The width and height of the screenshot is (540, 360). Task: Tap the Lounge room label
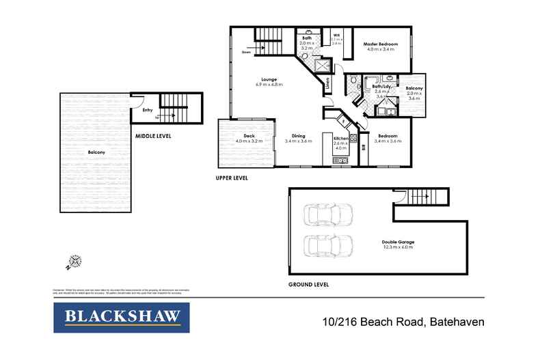[268, 79]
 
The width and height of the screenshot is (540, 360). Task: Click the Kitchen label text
[341, 139]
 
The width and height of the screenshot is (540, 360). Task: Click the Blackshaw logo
[122, 317]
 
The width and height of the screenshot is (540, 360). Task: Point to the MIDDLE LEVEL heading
[152, 136]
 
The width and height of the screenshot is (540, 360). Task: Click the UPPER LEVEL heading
[230, 178]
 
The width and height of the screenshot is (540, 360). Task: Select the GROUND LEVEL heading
[310, 283]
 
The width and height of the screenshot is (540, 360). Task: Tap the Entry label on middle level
[147, 110]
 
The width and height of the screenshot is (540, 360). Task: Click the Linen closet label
[328, 85]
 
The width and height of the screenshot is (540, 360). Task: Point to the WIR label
[336, 35]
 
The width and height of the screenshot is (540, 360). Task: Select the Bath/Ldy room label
[381, 86]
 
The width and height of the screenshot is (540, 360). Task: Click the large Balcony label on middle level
[96, 152]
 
